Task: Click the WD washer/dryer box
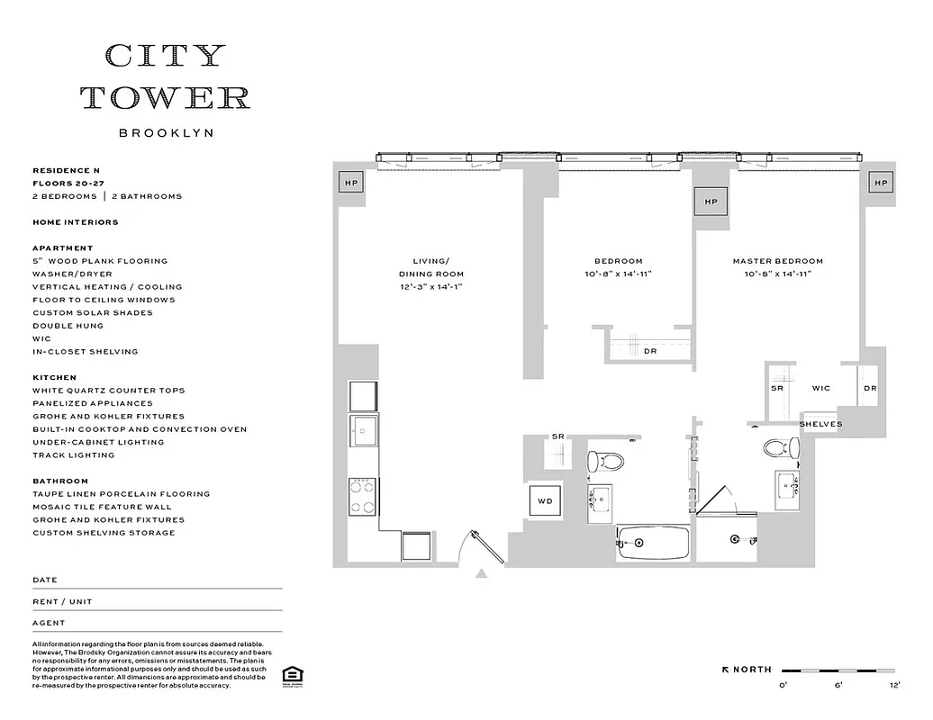coord(546,500)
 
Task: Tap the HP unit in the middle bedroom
coord(711,202)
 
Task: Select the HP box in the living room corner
coord(349,183)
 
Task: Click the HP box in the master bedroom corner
coord(880,183)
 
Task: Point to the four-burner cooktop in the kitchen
coord(363,496)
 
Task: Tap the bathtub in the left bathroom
coord(653,543)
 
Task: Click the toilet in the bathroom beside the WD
coord(606,462)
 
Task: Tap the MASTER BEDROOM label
coord(777,261)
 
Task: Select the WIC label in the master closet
coord(820,389)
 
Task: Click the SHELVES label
coord(820,424)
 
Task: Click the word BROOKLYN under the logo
coord(166,132)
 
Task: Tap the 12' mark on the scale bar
coord(892,686)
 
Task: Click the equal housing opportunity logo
coord(291,675)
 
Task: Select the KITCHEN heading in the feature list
coord(54,378)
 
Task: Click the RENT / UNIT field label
coord(62,601)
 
